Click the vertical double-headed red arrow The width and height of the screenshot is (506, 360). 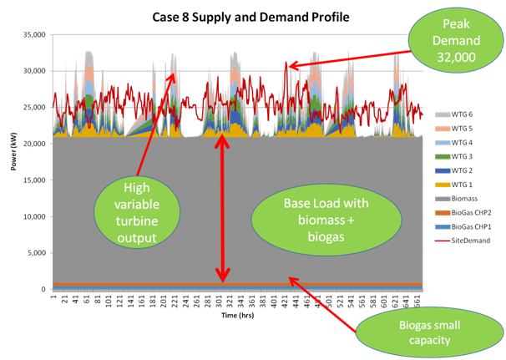[x=221, y=208]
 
